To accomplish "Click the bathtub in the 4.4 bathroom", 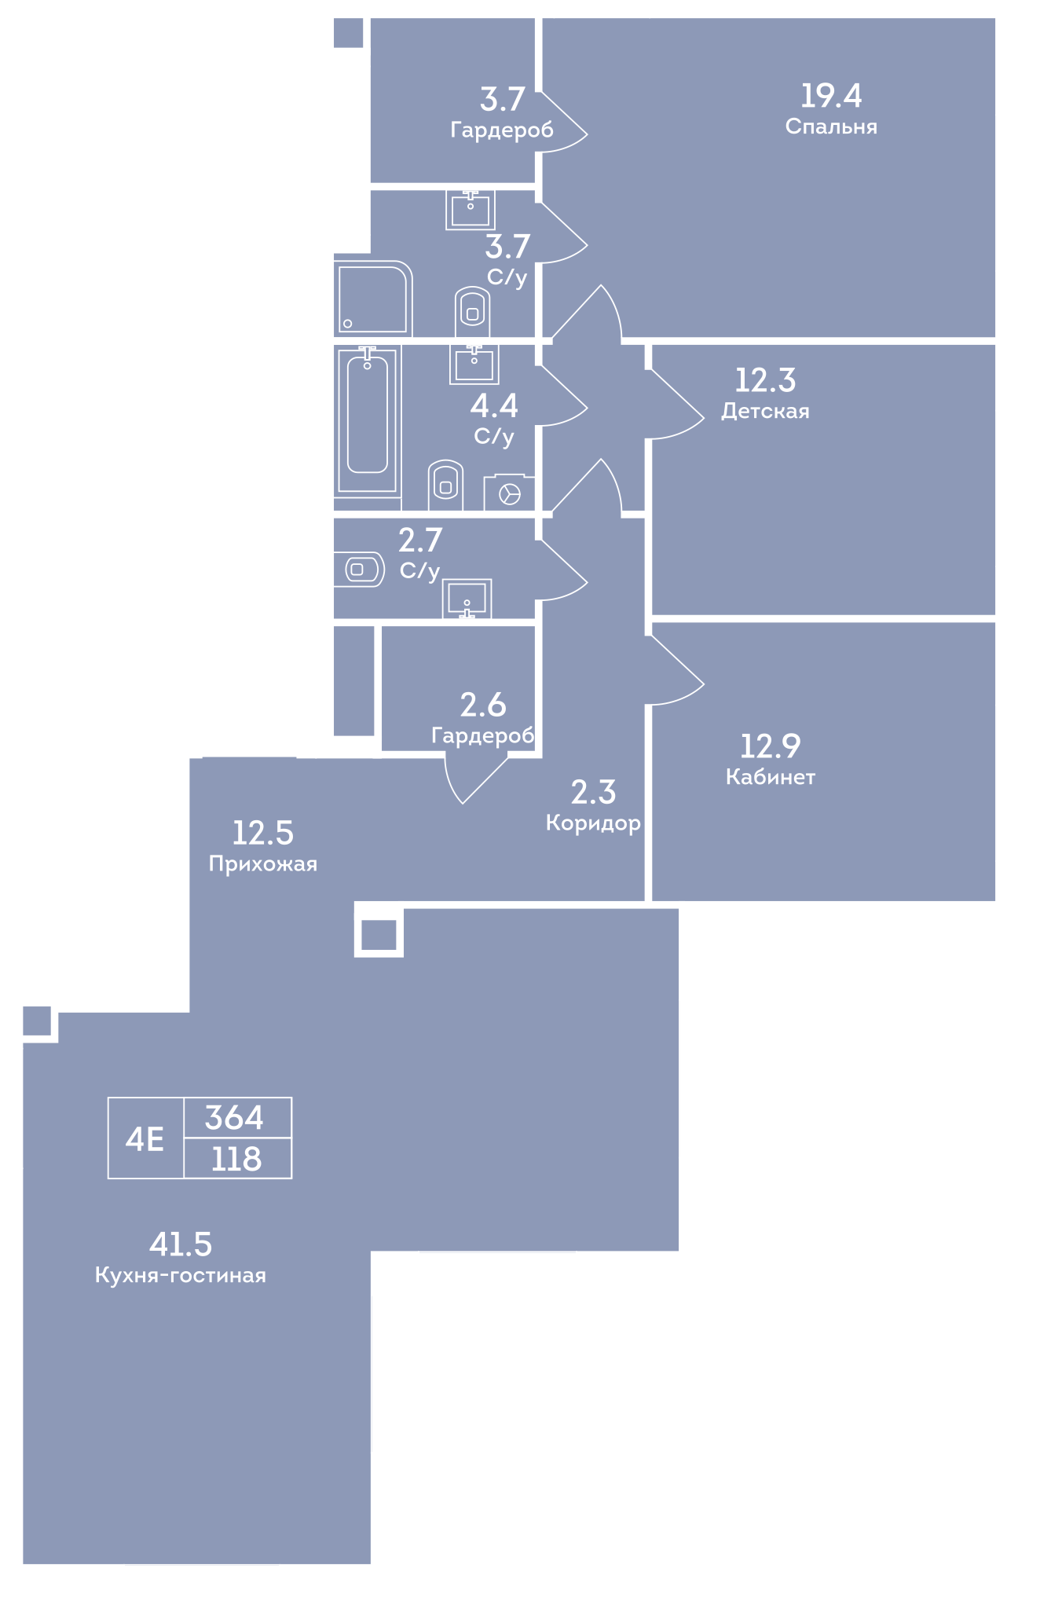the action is (367, 420).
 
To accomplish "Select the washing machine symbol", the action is (509, 493).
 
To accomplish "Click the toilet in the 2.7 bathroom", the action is (359, 570).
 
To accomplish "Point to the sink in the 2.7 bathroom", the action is (467, 599).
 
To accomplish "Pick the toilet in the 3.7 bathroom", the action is (472, 312).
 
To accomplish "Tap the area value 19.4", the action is (831, 96).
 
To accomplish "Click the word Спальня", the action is (831, 126).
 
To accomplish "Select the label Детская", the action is (765, 411).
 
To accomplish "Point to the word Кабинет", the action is (771, 777).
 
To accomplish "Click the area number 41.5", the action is (181, 1244).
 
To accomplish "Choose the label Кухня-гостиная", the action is (181, 1275).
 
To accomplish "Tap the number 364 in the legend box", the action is (234, 1117).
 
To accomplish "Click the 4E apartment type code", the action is (145, 1138).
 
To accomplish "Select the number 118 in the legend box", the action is (236, 1159).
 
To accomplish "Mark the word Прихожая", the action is (263, 864).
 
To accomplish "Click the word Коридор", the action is (593, 823).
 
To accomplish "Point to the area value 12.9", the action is (770, 746).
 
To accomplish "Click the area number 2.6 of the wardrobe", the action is (483, 706).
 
